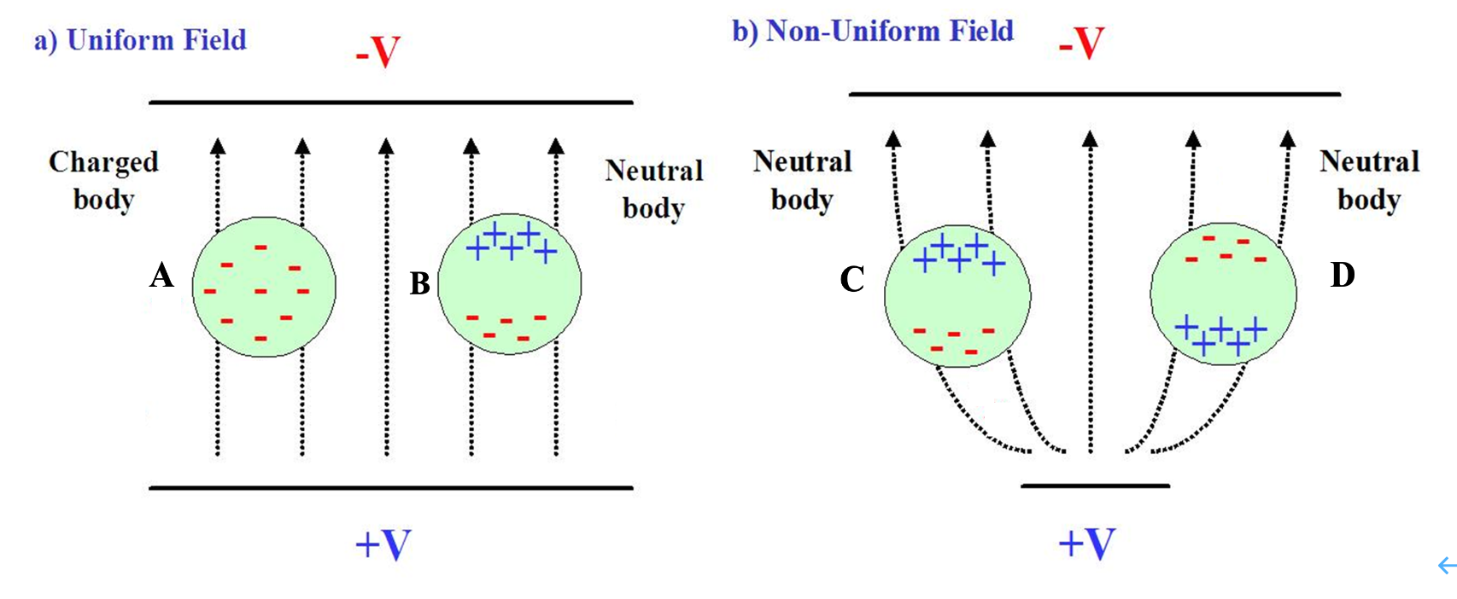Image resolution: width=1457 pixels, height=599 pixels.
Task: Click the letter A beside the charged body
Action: pos(161,276)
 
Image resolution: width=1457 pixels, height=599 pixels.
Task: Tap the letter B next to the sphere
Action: pos(419,283)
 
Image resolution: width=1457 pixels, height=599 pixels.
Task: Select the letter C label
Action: pos(852,279)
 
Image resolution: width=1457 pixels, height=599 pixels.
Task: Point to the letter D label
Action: pos(1343,275)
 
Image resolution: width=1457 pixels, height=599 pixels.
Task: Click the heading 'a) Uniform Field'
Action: pos(140,40)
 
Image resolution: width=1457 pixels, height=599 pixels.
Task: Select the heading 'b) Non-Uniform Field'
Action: pos(873,31)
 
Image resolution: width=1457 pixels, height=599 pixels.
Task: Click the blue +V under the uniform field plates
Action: pos(383,544)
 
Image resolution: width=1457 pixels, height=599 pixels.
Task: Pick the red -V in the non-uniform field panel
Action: pos(1081,43)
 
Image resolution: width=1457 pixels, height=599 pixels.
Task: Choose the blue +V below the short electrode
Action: pos(1086,543)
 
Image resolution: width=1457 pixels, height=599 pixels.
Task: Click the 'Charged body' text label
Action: pos(103,180)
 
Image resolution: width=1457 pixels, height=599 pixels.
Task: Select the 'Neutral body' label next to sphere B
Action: pos(654,189)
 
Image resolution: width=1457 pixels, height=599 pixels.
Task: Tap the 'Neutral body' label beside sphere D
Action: pos(1369,180)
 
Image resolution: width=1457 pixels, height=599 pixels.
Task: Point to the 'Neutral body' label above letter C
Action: pos(802,180)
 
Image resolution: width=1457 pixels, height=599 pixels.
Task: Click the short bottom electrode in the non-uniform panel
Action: pos(1095,486)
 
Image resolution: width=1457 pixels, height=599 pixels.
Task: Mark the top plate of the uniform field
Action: pos(391,102)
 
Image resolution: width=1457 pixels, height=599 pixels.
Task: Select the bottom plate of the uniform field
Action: pos(391,488)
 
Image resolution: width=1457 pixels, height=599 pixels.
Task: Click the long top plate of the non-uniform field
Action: pos(1094,94)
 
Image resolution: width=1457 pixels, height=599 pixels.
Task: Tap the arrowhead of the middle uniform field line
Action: pos(386,147)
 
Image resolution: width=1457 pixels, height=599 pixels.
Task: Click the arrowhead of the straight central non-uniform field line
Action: pos(1090,138)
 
